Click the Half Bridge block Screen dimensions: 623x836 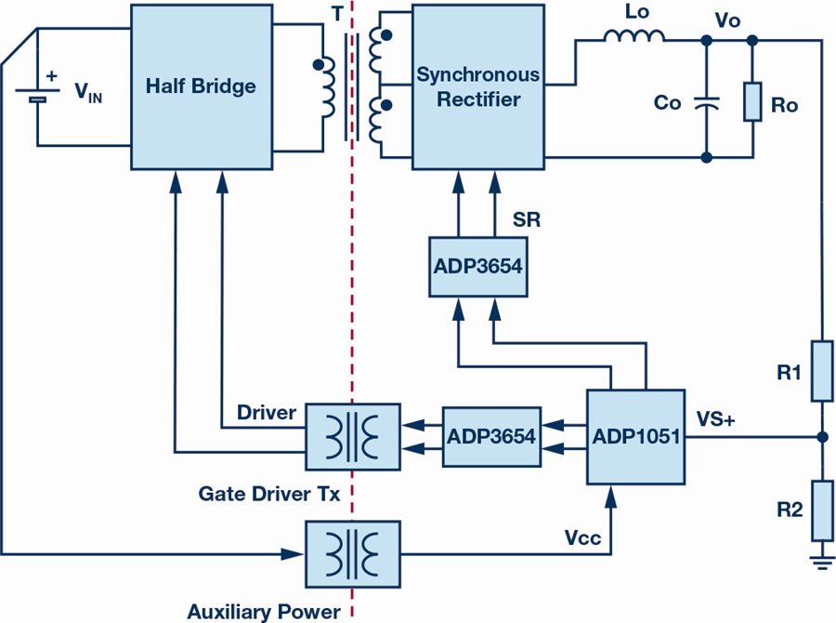point(200,86)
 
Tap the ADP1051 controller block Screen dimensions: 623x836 point(634,436)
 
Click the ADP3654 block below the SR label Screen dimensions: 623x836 point(477,266)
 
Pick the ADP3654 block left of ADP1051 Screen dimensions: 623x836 point(491,435)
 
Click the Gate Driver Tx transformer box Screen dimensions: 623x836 point(352,436)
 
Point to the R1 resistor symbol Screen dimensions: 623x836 point(821,371)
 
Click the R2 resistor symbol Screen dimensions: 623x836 point(821,510)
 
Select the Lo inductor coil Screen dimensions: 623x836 point(634,36)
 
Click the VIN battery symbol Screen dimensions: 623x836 point(37,94)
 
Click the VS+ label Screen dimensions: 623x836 point(715,420)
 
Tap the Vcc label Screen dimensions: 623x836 point(581,538)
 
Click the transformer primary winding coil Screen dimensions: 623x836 point(327,88)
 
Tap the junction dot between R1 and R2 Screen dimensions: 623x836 point(821,436)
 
